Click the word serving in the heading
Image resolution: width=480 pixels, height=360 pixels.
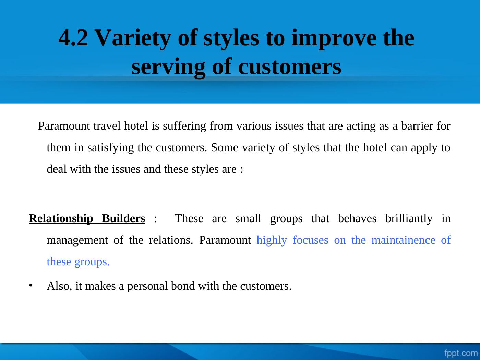click(168, 67)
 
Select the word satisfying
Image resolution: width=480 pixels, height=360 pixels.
click(110, 148)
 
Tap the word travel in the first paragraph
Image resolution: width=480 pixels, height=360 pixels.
click(107, 126)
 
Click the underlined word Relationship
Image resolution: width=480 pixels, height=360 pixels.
click(61, 219)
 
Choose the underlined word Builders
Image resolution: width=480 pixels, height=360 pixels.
click(123, 218)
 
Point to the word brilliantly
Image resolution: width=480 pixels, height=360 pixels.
click(409, 219)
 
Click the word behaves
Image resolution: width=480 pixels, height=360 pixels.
click(357, 218)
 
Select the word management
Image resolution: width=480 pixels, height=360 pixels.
click(77, 240)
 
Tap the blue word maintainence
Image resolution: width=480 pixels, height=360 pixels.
click(404, 240)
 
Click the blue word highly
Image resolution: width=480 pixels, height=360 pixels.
click(272, 240)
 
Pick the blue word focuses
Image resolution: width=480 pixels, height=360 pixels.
click(311, 240)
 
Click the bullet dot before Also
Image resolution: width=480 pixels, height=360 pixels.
click(31, 286)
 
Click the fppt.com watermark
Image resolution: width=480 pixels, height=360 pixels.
click(461, 353)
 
